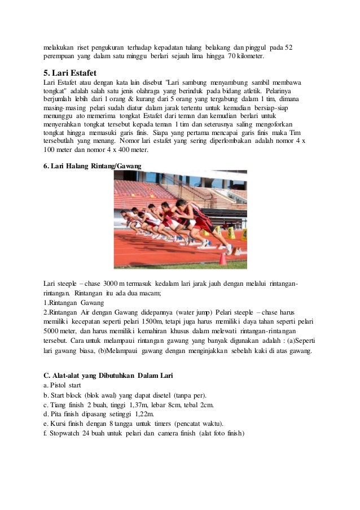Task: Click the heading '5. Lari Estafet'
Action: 70,73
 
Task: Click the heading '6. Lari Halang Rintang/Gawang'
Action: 93,165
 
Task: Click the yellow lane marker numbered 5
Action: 232,231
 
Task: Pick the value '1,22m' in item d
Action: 144,414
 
